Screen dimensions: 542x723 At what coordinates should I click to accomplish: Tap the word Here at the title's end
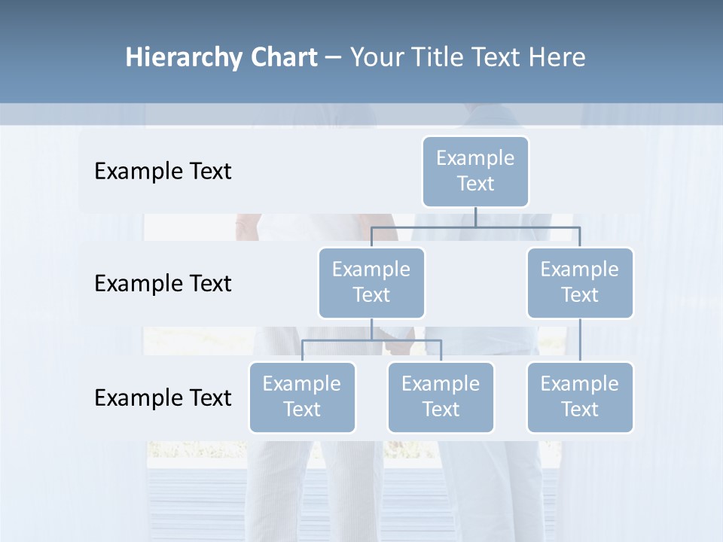(x=557, y=58)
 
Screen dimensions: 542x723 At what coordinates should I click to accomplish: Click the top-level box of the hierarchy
(x=475, y=171)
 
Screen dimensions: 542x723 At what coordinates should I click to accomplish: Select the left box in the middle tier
(x=371, y=282)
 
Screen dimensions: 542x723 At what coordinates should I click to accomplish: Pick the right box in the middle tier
(x=580, y=282)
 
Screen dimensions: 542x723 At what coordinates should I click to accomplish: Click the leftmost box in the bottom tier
(x=302, y=397)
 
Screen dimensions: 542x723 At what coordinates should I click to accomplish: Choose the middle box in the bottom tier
(x=441, y=397)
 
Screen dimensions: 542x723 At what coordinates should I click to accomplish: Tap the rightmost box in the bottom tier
(x=580, y=397)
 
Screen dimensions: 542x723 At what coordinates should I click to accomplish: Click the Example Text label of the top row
(x=163, y=172)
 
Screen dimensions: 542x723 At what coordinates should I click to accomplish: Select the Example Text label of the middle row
(x=163, y=284)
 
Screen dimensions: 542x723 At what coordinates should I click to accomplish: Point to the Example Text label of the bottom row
(x=163, y=397)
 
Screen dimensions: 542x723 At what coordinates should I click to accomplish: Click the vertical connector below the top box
(x=475, y=217)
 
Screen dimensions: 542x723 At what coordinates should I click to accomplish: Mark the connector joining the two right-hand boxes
(x=580, y=340)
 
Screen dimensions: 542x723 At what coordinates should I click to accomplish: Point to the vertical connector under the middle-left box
(x=371, y=329)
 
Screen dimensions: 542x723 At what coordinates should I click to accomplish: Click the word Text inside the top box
(x=475, y=184)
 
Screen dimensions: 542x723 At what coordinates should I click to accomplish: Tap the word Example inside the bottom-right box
(x=580, y=384)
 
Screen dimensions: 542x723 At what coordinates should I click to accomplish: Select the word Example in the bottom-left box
(x=302, y=384)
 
